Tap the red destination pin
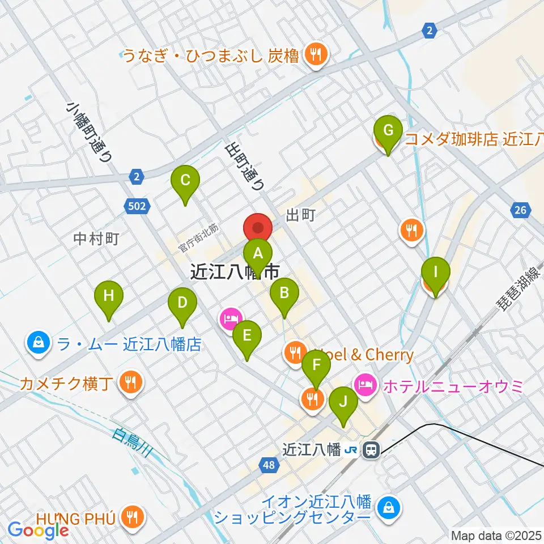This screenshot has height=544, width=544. [x=258, y=228]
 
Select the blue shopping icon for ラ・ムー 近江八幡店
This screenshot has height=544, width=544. [x=37, y=342]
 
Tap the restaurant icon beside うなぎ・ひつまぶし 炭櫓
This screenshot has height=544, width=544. [x=314, y=54]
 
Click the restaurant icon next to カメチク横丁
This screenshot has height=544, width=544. [x=131, y=382]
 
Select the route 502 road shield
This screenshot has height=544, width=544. [x=138, y=207]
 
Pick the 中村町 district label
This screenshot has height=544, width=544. [x=96, y=239]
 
